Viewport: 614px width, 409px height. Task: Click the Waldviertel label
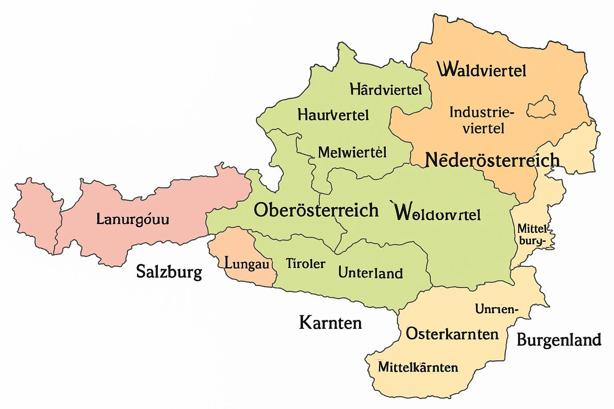482,70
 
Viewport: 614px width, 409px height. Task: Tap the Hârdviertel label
386,89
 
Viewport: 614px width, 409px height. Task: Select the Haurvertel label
333,115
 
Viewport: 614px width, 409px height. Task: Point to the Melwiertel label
352,152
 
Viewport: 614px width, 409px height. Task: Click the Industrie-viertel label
482,120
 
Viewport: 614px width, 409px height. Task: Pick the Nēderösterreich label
492,160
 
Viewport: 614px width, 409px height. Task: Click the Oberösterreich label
316,210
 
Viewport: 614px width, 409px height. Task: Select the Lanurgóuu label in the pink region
133,219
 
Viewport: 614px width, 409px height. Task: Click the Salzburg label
169,272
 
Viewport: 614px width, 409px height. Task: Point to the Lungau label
247,264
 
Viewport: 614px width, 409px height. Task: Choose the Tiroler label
305,264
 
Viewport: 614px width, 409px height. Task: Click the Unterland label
370,273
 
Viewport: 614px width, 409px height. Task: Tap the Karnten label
330,323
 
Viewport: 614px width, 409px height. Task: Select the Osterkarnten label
452,334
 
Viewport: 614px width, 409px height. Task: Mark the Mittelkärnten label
418,367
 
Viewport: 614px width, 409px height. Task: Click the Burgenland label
559,340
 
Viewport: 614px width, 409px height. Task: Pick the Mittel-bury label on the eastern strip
532,234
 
